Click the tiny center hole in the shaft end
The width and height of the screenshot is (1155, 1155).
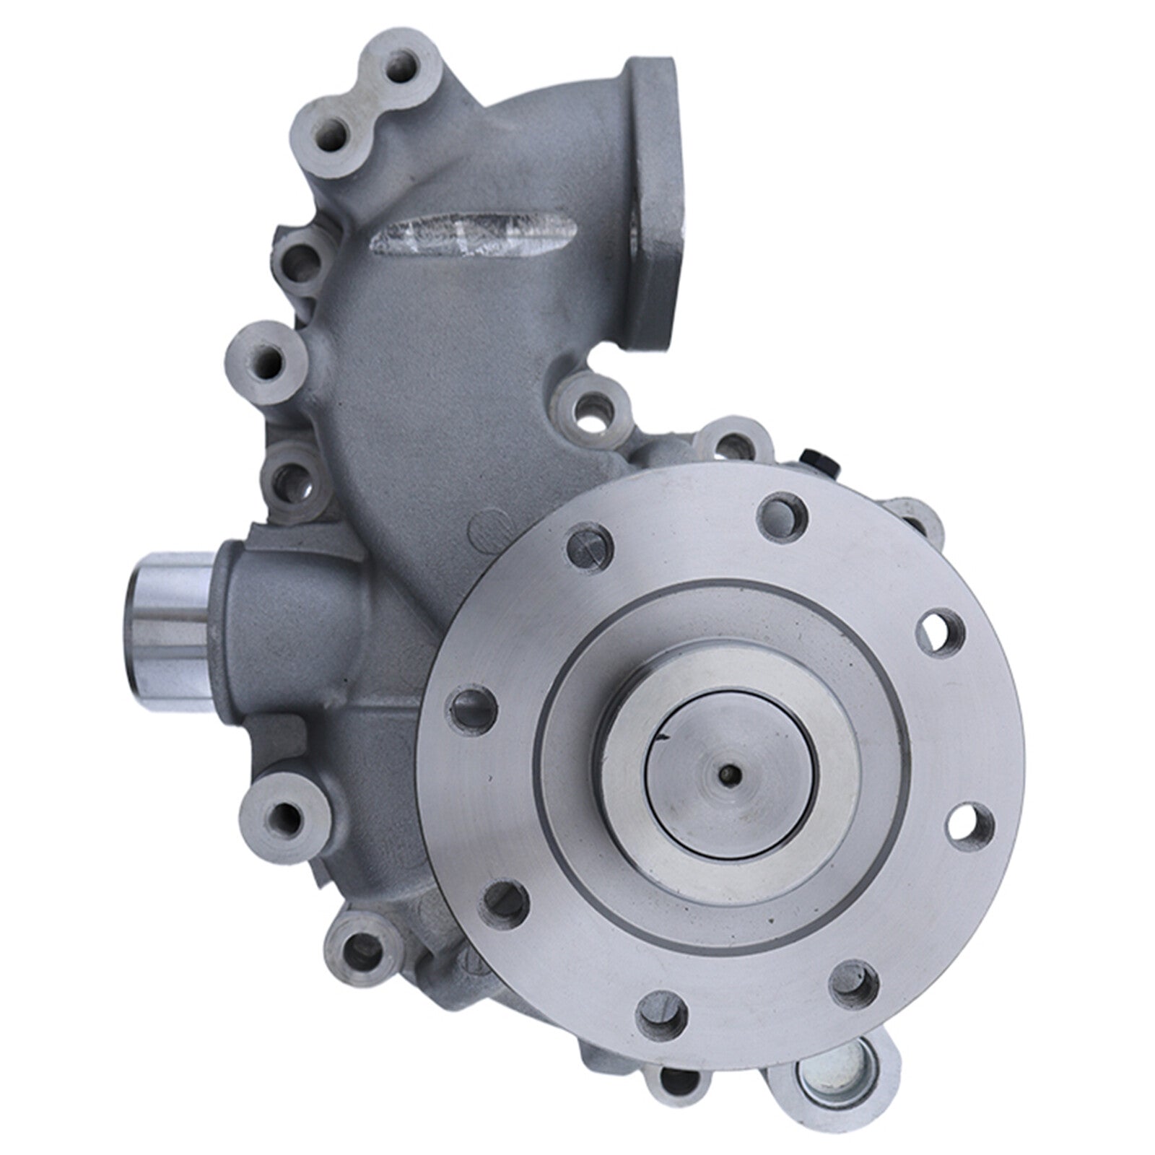(731, 774)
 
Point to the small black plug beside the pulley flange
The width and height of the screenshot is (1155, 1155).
(814, 463)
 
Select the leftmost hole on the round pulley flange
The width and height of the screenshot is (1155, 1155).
(474, 700)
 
